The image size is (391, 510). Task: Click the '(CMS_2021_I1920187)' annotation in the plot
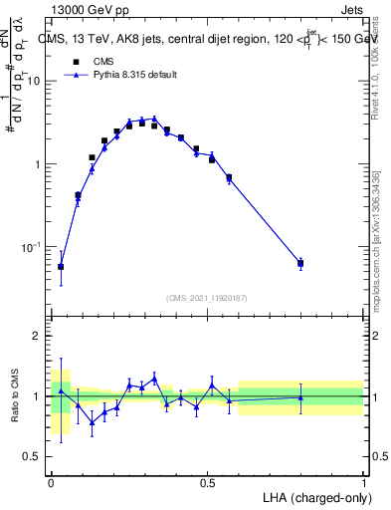tap(207, 298)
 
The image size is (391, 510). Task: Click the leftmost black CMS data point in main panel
tap(62, 267)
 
